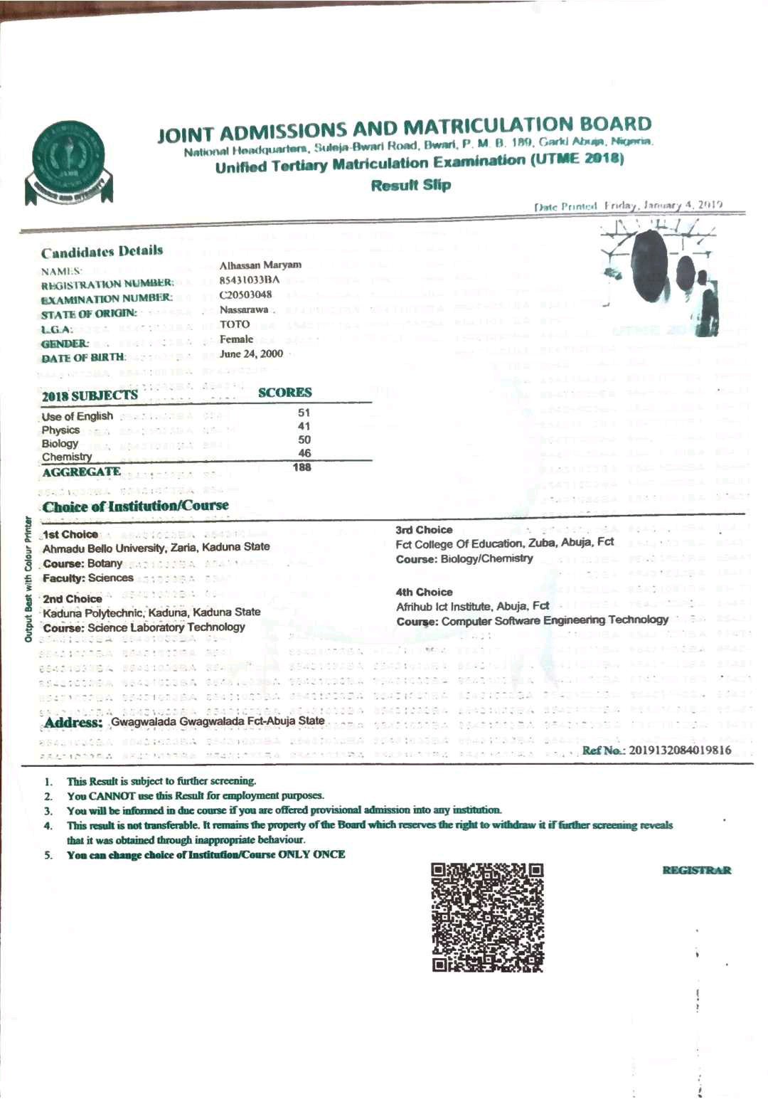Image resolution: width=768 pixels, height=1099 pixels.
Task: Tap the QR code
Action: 488,917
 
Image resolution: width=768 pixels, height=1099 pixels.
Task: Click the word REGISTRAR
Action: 696,870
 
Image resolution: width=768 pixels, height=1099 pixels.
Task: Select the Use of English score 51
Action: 304,413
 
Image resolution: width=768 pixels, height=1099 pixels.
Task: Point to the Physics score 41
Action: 304,426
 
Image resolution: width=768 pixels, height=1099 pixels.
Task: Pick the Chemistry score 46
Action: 304,453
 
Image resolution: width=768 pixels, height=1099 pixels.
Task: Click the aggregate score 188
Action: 302,467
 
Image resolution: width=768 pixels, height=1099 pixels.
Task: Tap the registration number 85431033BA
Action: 249,280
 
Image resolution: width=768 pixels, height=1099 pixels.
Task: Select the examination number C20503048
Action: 245,294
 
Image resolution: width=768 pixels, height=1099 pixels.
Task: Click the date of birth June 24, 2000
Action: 251,354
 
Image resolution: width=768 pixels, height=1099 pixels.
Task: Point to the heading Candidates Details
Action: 102,251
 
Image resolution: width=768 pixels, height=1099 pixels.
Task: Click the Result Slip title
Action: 411,185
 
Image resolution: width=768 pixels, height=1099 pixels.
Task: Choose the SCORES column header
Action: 284,393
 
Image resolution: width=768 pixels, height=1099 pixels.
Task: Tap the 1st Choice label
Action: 70,534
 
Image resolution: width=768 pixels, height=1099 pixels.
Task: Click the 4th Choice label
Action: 424,592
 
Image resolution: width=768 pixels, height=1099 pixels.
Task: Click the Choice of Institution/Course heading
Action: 136,506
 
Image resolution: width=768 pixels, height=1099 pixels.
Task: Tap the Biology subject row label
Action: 60,443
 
